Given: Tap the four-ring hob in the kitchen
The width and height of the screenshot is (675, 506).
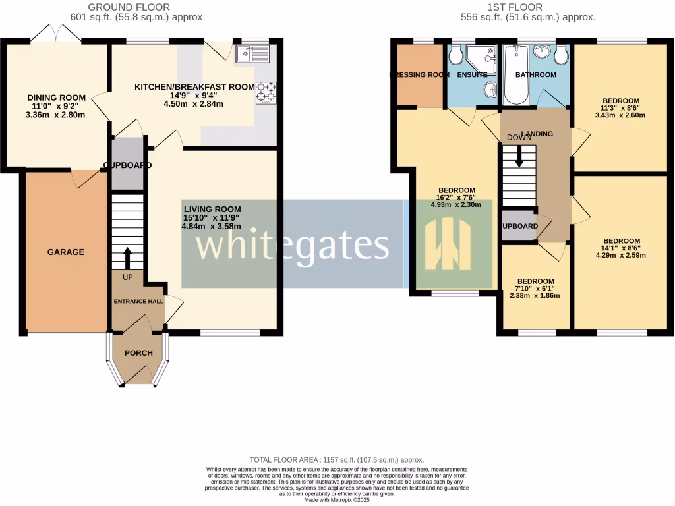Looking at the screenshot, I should tap(266, 93).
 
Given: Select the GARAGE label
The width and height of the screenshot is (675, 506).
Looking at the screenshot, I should tap(65, 252).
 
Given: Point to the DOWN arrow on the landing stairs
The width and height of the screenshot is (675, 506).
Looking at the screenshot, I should tap(519, 155).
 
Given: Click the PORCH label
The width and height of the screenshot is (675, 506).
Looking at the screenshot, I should tap(138, 353).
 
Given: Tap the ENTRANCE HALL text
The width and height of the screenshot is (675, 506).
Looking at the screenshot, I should tap(138, 301).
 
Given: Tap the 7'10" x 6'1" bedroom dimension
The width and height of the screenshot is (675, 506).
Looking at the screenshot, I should tap(535, 288).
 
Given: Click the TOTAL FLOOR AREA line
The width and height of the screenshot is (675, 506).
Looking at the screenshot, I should tap(337, 459).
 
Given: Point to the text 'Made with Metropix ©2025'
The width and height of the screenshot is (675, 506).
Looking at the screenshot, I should tap(337, 500).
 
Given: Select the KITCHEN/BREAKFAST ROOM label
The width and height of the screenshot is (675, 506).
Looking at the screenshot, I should tap(194, 87).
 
